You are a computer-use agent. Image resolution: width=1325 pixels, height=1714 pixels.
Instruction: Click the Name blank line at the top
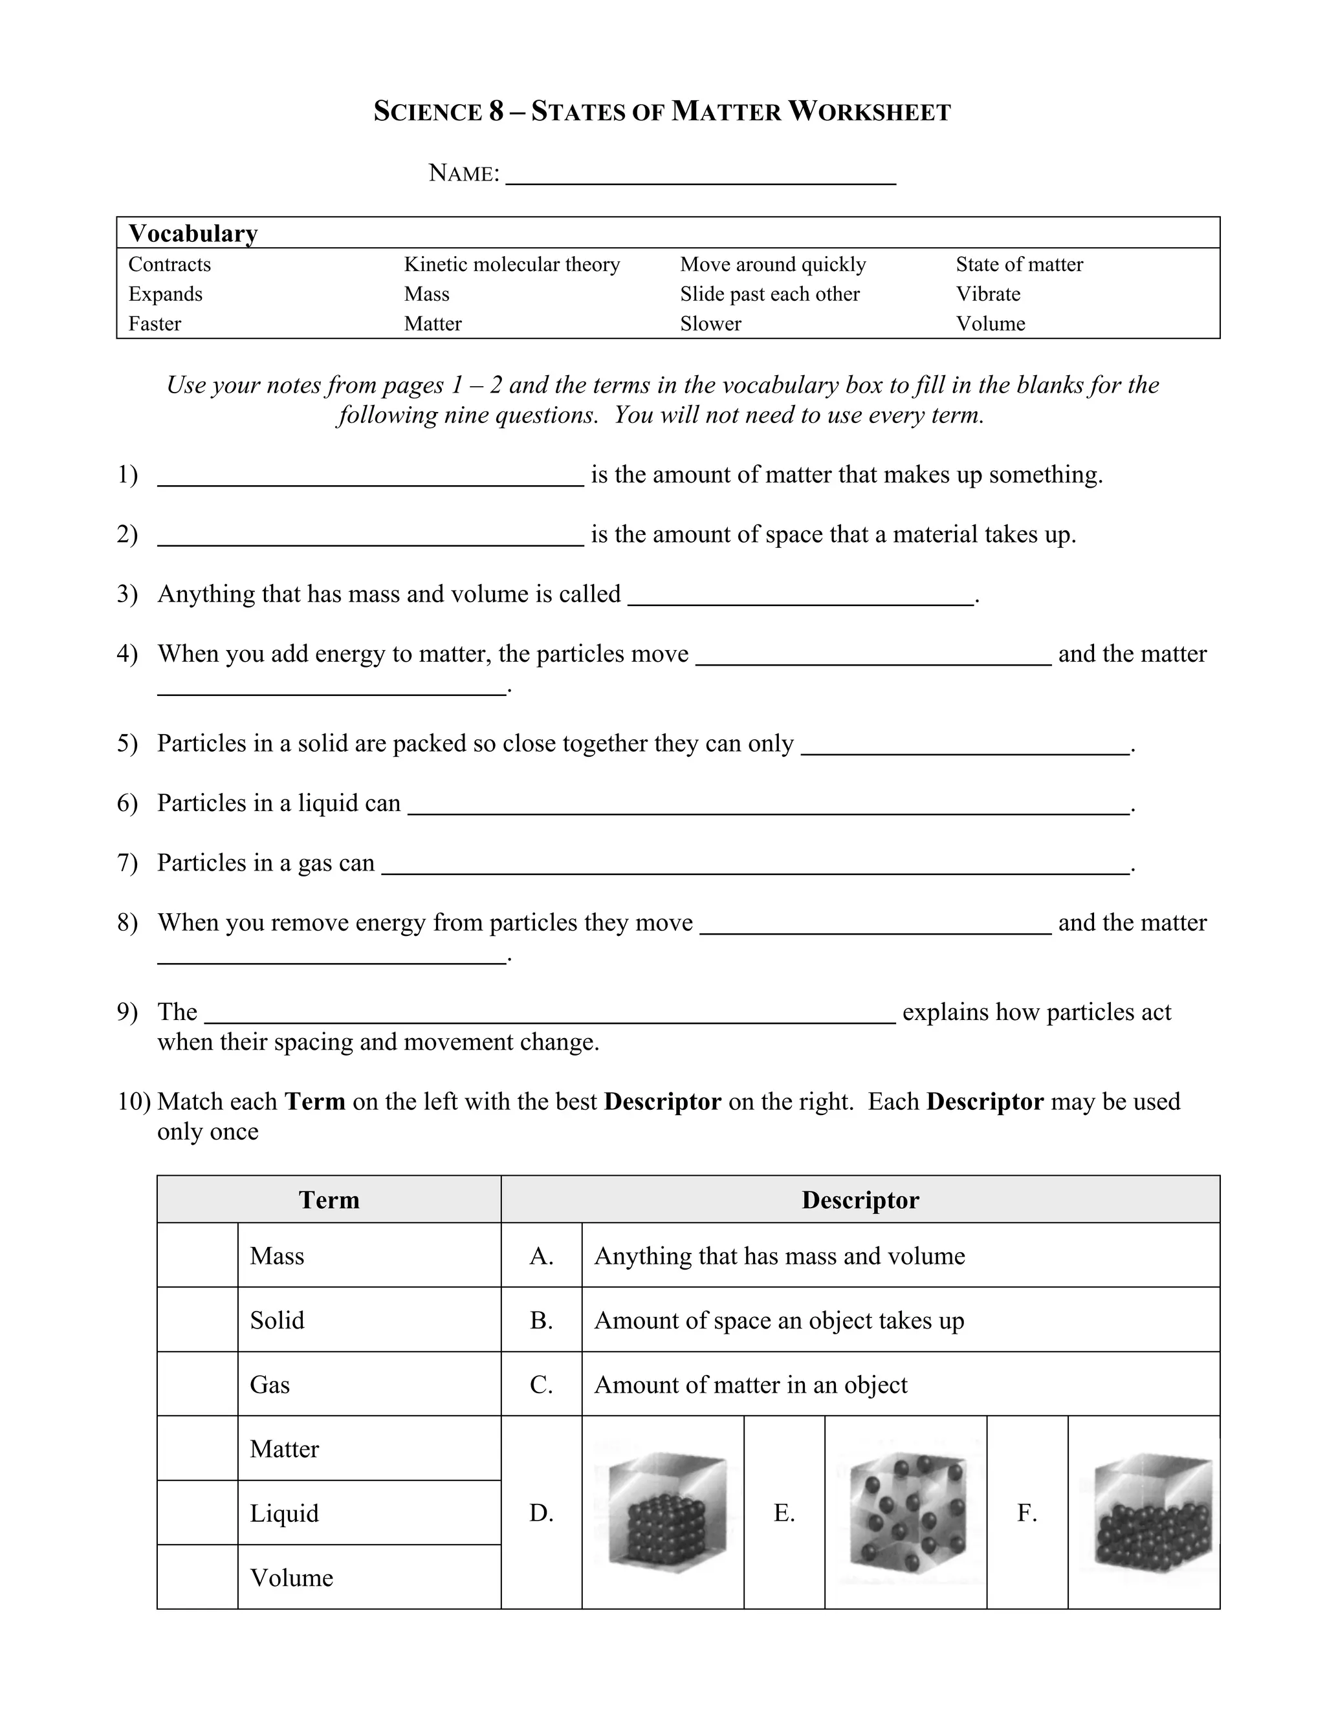click(x=700, y=177)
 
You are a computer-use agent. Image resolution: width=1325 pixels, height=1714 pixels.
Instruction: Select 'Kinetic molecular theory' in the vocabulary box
click(x=512, y=265)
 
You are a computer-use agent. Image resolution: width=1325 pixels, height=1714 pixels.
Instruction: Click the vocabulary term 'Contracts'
click(x=170, y=265)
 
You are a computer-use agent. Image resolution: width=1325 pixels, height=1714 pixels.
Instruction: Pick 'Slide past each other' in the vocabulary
click(x=769, y=294)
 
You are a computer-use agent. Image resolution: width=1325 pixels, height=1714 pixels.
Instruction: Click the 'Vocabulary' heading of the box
click(x=193, y=234)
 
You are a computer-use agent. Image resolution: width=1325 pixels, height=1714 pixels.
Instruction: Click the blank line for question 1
click(x=371, y=481)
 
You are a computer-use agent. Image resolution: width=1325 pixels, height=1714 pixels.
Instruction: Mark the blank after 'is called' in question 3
click(x=801, y=600)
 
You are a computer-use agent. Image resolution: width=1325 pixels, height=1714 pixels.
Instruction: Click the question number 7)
click(x=127, y=862)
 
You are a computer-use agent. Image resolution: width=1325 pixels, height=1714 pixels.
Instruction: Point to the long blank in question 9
click(x=549, y=1018)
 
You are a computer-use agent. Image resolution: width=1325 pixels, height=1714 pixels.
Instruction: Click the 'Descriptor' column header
click(x=860, y=1200)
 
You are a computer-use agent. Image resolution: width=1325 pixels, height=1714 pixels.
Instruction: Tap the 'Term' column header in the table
click(x=329, y=1200)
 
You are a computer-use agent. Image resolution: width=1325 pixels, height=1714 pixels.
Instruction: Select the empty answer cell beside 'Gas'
click(x=197, y=1384)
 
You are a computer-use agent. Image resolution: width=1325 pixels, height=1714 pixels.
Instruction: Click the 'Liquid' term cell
click(x=369, y=1513)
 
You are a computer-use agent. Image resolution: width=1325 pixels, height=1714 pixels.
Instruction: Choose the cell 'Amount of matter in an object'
click(x=901, y=1384)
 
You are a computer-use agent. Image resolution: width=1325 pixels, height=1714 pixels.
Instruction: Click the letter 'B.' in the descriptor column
click(x=541, y=1320)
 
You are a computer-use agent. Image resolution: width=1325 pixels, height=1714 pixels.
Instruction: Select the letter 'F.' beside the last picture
click(x=1027, y=1513)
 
